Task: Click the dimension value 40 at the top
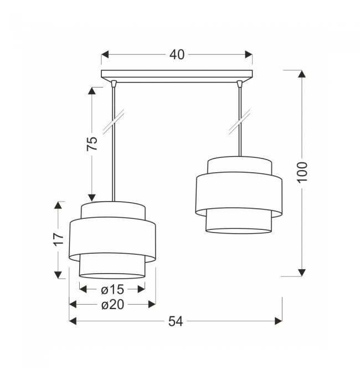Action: (x=177, y=54)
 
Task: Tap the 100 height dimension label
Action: (x=302, y=172)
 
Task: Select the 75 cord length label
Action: (x=92, y=143)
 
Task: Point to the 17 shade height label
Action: (x=59, y=239)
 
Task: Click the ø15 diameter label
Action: (x=112, y=290)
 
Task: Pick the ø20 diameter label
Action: (x=112, y=305)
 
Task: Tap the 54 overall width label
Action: (x=176, y=321)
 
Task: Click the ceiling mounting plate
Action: (x=177, y=76)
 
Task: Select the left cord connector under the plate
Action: (x=114, y=83)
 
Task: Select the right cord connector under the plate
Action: (x=239, y=83)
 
